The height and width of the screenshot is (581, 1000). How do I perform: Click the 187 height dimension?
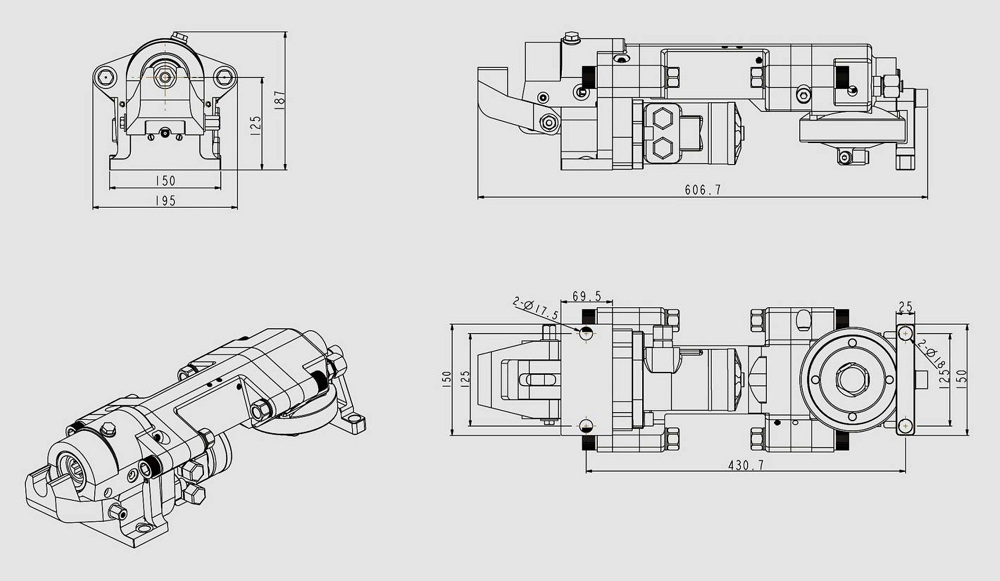[280, 99]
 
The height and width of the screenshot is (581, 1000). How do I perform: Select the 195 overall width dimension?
[165, 201]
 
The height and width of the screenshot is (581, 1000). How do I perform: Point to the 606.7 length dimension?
[703, 190]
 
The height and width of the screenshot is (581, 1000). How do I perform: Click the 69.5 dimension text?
[587, 297]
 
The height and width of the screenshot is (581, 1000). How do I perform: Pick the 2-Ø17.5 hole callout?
[534, 307]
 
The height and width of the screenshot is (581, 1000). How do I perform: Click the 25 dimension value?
[906, 307]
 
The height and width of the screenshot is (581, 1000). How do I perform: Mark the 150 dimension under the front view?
[165, 181]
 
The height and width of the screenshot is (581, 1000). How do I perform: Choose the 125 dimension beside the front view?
[256, 124]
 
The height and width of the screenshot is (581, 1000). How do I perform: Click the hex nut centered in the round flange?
[853, 380]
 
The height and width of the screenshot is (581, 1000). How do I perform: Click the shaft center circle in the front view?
[164, 74]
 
